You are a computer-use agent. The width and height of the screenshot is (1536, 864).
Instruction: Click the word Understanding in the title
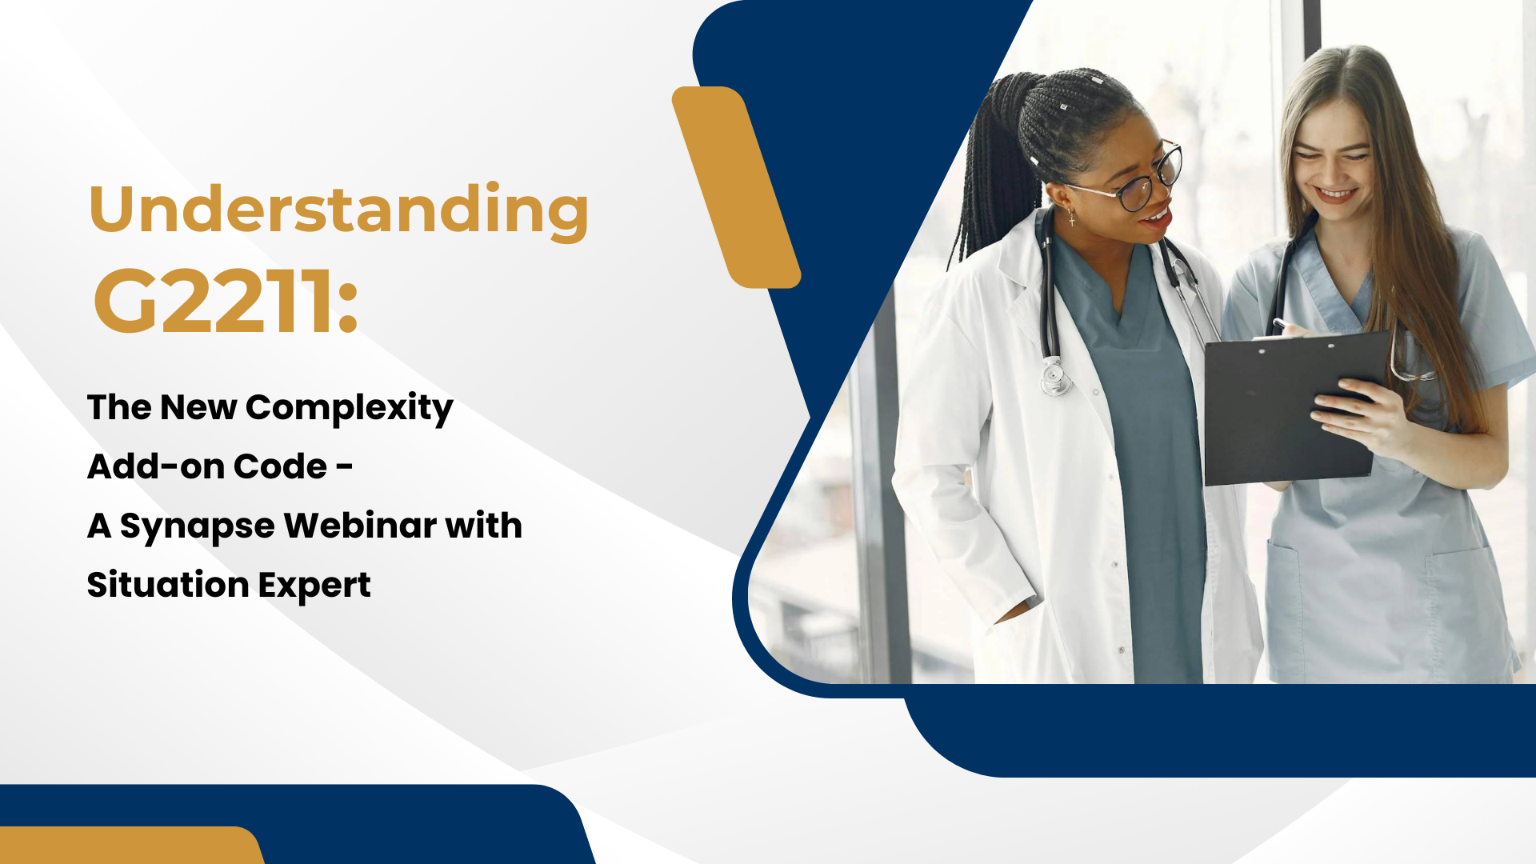[x=339, y=210]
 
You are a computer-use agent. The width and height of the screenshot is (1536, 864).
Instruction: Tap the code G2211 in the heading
[x=214, y=302]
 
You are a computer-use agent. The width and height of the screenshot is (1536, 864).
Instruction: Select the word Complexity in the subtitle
[x=349, y=408]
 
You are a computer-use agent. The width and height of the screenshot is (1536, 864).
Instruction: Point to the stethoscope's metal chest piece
[x=1053, y=376]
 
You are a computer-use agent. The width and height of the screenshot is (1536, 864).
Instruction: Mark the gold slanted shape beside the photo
[x=736, y=187]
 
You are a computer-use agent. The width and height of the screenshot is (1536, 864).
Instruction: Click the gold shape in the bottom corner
[x=132, y=845]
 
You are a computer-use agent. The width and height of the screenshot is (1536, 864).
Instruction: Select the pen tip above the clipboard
[x=1277, y=323]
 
